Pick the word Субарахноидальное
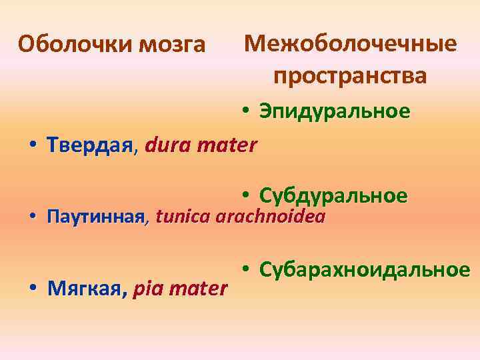click(365, 269)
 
